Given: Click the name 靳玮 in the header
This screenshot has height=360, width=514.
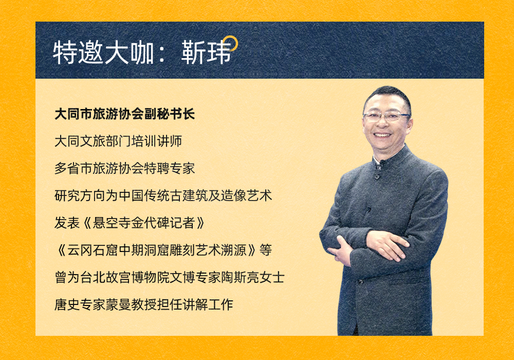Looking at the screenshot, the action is pos(206,52).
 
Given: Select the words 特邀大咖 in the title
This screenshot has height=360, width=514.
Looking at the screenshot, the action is pos(104,52).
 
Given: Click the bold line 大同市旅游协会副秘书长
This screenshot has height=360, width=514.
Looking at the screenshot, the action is pos(124,114).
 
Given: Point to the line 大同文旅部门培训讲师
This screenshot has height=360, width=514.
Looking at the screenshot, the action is pos(118,141).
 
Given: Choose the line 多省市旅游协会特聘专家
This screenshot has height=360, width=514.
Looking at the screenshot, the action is pos(124,169).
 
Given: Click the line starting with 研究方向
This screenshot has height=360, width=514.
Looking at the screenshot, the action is pos(163,196).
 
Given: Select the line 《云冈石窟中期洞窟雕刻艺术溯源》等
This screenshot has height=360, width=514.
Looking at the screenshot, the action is pos(163,250).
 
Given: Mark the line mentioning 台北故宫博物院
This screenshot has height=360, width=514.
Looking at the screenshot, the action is pos(170,277).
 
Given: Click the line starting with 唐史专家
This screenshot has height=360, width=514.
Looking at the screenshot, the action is pos(143,304).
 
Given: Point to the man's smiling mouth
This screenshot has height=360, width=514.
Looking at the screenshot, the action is pos(382,135).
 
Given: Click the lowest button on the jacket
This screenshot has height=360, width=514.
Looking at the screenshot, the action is pos(361,281).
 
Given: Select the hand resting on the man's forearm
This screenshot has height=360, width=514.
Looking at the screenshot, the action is pos(387,244).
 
